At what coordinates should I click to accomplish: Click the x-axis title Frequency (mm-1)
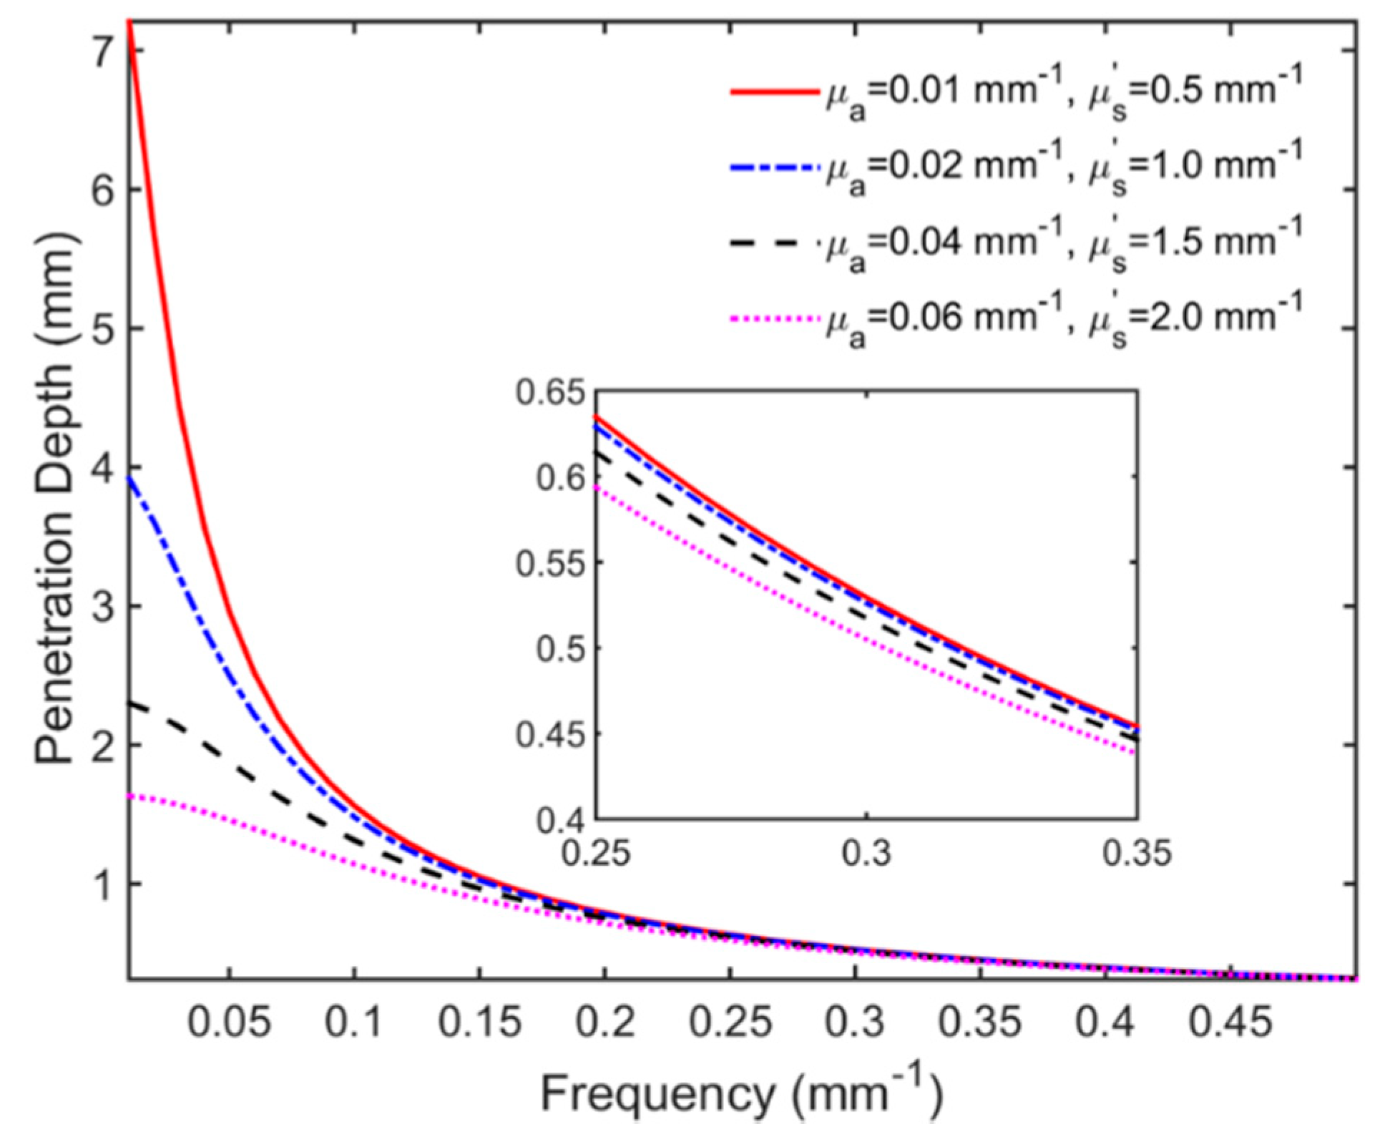(x=741, y=1095)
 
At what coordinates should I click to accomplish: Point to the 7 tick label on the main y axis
(x=93, y=52)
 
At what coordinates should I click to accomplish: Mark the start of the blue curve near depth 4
(x=131, y=478)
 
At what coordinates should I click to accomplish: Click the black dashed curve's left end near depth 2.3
(x=131, y=705)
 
